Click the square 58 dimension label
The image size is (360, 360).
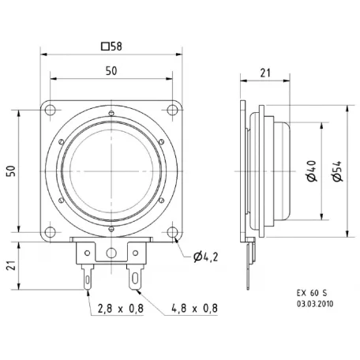[x=111, y=45]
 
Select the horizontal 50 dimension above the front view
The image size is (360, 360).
[x=111, y=71]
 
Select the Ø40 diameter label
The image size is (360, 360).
[x=313, y=171]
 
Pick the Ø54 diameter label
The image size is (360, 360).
[x=337, y=171]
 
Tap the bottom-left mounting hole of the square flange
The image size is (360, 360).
[x=51, y=231]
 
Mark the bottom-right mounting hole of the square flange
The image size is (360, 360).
[x=172, y=231]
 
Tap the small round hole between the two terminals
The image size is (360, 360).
[x=111, y=253]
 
